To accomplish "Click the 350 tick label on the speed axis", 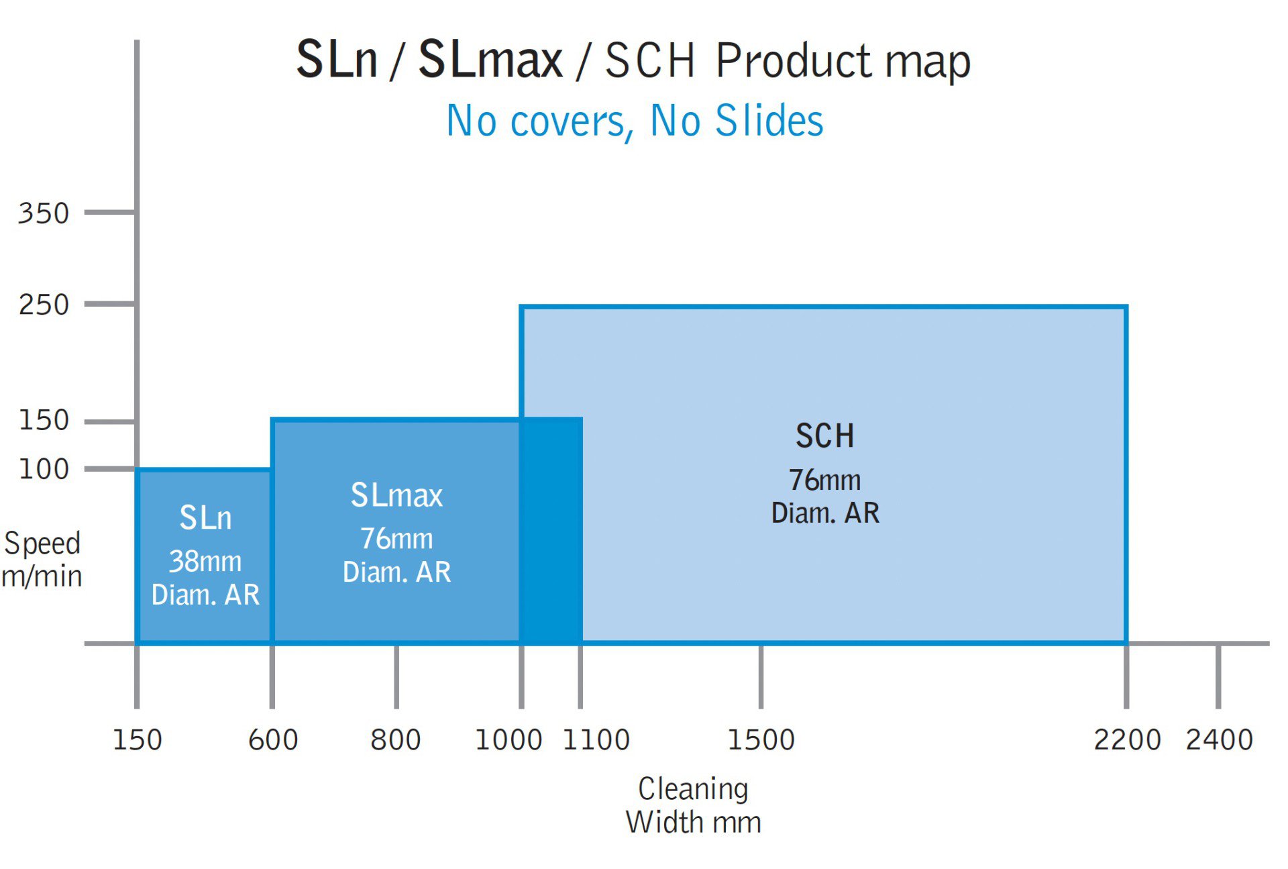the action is click(x=44, y=213).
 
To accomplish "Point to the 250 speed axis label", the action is click(x=44, y=305).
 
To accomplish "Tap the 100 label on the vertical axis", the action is click(x=44, y=469).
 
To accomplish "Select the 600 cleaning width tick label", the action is click(x=273, y=739).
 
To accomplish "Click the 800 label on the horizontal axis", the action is click(x=396, y=739).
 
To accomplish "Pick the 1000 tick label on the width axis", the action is click(x=508, y=739).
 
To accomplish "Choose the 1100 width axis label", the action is click(x=596, y=739).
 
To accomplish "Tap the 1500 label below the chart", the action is click(x=761, y=739).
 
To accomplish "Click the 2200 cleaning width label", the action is click(x=1127, y=739).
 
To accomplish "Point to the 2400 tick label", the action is click(x=1220, y=739).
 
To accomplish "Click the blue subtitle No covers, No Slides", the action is click(x=635, y=121).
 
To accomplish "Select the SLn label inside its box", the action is click(x=205, y=517).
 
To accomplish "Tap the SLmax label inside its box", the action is click(x=396, y=495).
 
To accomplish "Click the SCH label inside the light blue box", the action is click(x=825, y=436).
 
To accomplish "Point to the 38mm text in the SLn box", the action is click(x=205, y=561).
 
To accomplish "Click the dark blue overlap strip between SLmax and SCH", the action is click(x=551, y=530).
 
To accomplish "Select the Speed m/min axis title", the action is click(x=42, y=560).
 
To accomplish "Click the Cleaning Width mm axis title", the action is click(x=694, y=805).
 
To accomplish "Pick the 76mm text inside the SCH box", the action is click(x=825, y=480).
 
